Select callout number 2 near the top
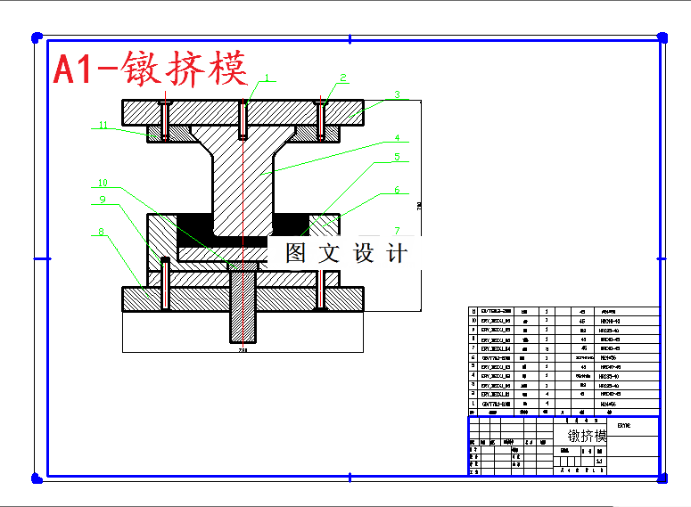point(342,78)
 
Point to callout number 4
point(399,138)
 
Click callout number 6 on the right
point(397,191)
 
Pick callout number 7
point(398,231)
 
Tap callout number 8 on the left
point(101,232)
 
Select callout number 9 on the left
point(103,200)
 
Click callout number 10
point(103,184)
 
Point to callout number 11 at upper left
point(103,126)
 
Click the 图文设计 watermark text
point(347,253)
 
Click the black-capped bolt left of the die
point(165,262)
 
